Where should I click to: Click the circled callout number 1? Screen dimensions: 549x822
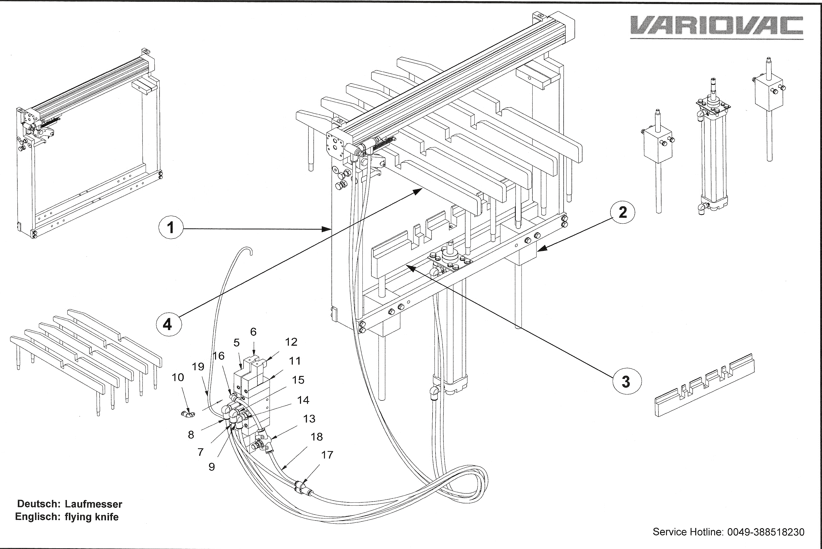171,228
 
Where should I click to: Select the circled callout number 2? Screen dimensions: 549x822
623,213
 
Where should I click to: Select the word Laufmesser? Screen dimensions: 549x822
93,504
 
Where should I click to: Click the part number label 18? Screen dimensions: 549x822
317,437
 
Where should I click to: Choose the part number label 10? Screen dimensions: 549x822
178,377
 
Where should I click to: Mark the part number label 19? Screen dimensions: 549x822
198,366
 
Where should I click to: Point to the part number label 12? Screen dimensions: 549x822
291,342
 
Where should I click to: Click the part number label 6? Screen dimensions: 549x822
253,332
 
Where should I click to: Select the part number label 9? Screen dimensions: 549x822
212,467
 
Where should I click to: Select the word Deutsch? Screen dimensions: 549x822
38,504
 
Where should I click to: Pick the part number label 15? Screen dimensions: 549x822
298,380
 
